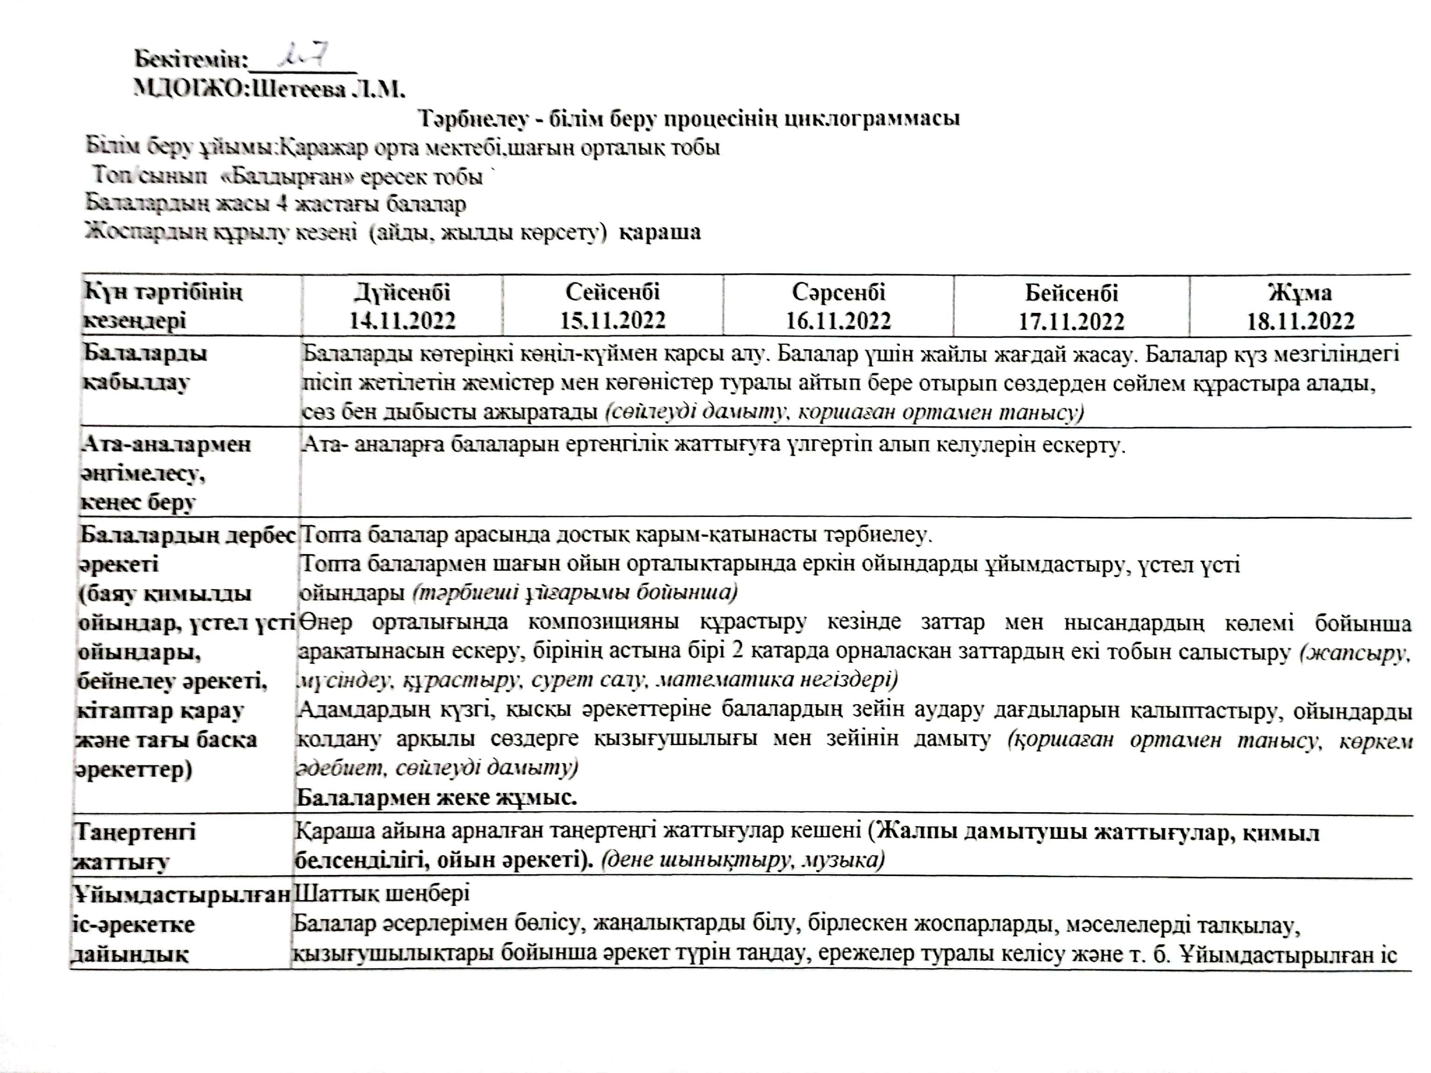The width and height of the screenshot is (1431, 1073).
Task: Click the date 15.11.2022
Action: (613, 320)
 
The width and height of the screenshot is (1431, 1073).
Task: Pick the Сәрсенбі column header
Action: (838, 292)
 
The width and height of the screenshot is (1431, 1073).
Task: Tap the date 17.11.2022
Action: (1071, 321)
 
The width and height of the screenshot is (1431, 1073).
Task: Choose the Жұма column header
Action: (1300, 293)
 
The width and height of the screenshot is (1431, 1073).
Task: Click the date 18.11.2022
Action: (1300, 321)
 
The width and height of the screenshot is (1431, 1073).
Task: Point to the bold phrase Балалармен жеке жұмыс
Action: (436, 797)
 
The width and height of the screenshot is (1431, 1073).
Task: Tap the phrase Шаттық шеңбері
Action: (382, 893)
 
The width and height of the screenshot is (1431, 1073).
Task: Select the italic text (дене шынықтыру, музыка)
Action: (743, 860)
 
